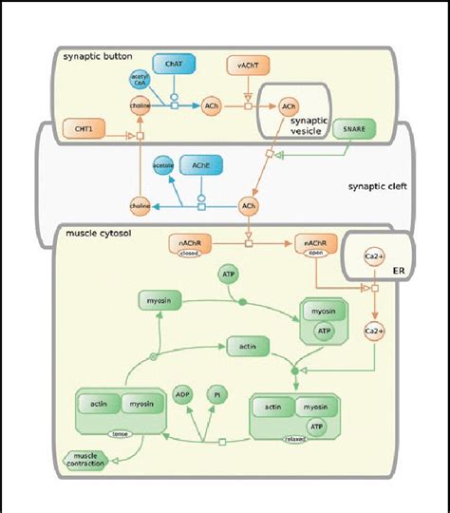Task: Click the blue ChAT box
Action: tap(174, 66)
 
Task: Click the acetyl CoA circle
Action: tap(140, 82)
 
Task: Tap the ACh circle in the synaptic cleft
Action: tap(249, 204)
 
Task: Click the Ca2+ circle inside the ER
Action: tap(372, 256)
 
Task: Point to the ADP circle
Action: tap(183, 393)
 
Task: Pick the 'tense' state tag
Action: tap(121, 433)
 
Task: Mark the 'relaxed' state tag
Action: tap(294, 441)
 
